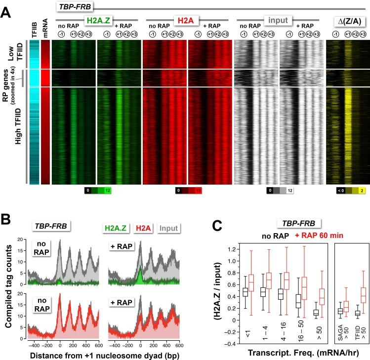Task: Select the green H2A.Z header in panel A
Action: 97,21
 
